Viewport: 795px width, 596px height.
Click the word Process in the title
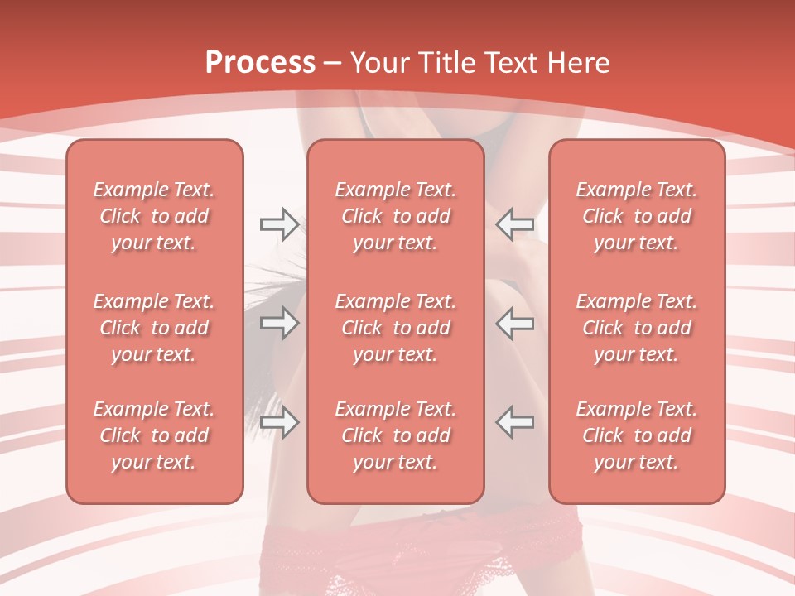coord(260,63)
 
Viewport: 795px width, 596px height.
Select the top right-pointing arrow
coord(279,223)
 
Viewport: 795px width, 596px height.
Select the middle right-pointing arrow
coord(279,323)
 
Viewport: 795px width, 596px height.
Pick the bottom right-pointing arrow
coord(279,422)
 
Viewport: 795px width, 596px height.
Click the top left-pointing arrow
coord(514,223)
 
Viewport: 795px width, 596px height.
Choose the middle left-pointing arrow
coord(514,323)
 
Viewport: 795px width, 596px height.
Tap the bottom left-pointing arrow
coord(514,422)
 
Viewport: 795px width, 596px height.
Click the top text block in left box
coord(154,216)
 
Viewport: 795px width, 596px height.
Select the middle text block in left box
coord(154,328)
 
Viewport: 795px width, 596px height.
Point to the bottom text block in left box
coord(154,435)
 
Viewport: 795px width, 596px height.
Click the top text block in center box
coord(395,216)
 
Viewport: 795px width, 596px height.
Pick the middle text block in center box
coord(395,328)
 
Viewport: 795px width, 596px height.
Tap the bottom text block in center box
coord(395,435)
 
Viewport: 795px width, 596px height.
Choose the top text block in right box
coord(636,216)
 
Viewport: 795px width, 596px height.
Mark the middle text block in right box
coord(636,328)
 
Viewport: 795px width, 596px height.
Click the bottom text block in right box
coord(636,435)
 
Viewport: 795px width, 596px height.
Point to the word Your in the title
coord(378,63)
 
